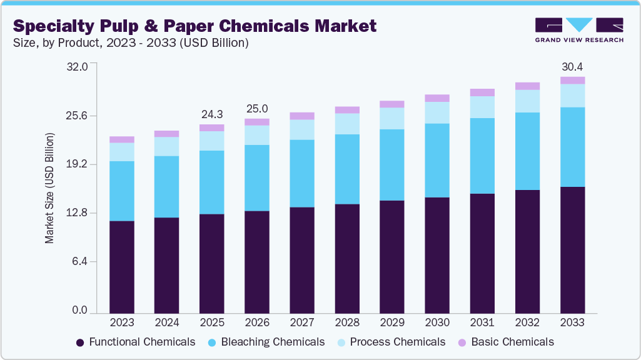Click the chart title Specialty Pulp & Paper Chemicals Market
tap(194, 26)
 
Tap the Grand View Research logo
tap(579, 29)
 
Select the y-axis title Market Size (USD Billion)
tap(49, 188)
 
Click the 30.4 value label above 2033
tap(572, 67)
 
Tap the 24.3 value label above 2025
tap(212, 114)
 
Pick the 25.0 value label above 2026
tap(257, 109)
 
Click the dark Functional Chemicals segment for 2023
tap(122, 267)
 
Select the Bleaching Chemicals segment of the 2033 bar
tap(572, 147)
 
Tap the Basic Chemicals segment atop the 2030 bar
tap(437, 98)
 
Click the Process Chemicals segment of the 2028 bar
tap(347, 124)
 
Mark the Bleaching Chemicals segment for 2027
tap(302, 173)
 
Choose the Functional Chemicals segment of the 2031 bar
tap(482, 253)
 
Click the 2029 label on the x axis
tap(392, 322)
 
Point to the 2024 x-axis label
tap(167, 322)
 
